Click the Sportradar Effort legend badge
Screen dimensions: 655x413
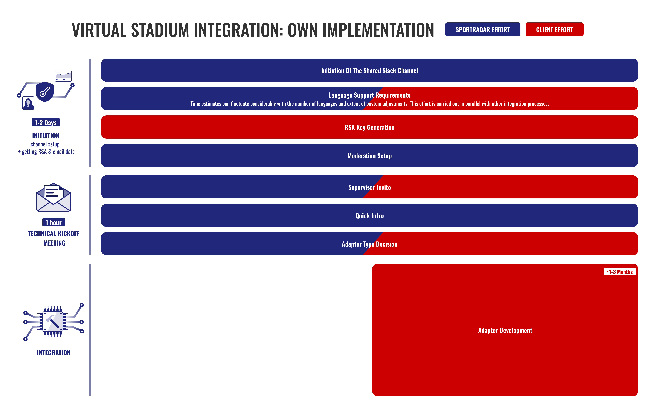tap(482, 29)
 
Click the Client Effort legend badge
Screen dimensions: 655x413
tap(554, 29)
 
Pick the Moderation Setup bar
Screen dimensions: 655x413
tap(369, 155)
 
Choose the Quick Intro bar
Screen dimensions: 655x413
tap(369, 215)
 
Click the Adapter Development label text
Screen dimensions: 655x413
tap(505, 330)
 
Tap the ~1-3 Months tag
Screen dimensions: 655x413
tap(620, 272)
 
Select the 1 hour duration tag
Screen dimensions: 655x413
tap(54, 222)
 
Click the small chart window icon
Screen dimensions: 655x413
tap(63, 76)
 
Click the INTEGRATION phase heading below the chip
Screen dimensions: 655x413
tap(54, 353)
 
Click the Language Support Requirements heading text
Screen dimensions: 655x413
tap(369, 95)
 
